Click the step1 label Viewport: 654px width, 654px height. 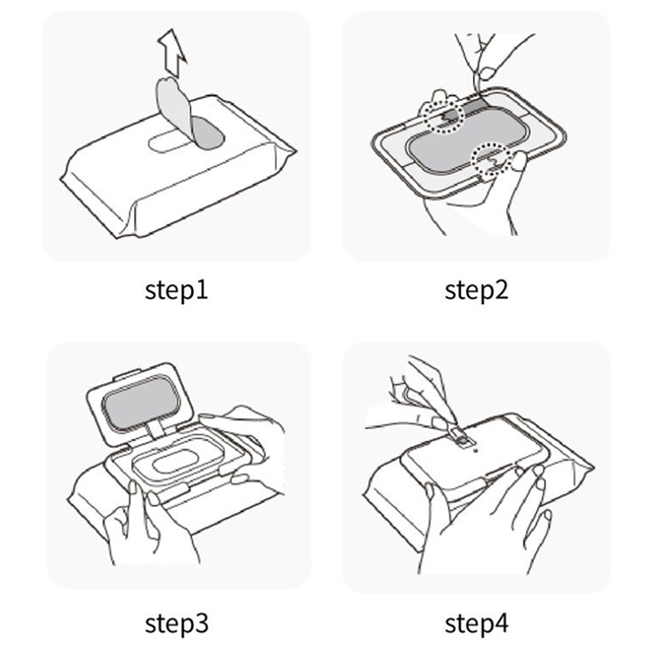pos(177,291)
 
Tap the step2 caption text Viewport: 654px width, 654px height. pos(477,291)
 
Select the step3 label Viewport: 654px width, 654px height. pos(177,624)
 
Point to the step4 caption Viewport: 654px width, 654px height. pos(477,624)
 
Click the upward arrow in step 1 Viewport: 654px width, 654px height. pos(172,52)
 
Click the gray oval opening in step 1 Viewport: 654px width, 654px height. pos(208,133)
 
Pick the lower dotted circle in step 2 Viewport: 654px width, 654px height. pos(491,159)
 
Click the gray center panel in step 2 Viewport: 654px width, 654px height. pos(467,140)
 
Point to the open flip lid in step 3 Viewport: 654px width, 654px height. pos(140,403)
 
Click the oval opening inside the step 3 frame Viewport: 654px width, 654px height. pos(175,461)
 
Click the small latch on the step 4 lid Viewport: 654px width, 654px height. pos(461,439)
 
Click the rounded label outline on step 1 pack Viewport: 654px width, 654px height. pos(166,142)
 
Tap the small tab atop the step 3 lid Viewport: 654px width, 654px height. pos(127,374)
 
